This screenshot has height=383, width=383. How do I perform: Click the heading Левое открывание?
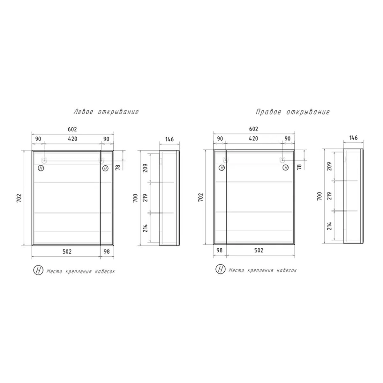[x=106, y=112]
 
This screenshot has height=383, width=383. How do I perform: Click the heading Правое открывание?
[x=293, y=112]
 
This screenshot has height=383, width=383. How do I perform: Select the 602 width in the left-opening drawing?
[x=72, y=129]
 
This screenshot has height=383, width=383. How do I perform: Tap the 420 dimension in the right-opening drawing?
[x=254, y=139]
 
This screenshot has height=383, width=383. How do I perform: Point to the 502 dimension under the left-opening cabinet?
[x=67, y=252]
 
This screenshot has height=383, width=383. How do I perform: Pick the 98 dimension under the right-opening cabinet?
[x=219, y=251]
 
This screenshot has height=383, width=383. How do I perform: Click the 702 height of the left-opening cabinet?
[x=19, y=198]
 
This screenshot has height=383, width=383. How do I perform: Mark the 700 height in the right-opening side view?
[x=319, y=196]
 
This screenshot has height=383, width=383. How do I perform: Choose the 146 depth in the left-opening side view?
[x=169, y=139]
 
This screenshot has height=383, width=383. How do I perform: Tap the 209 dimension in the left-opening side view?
[x=146, y=168]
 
